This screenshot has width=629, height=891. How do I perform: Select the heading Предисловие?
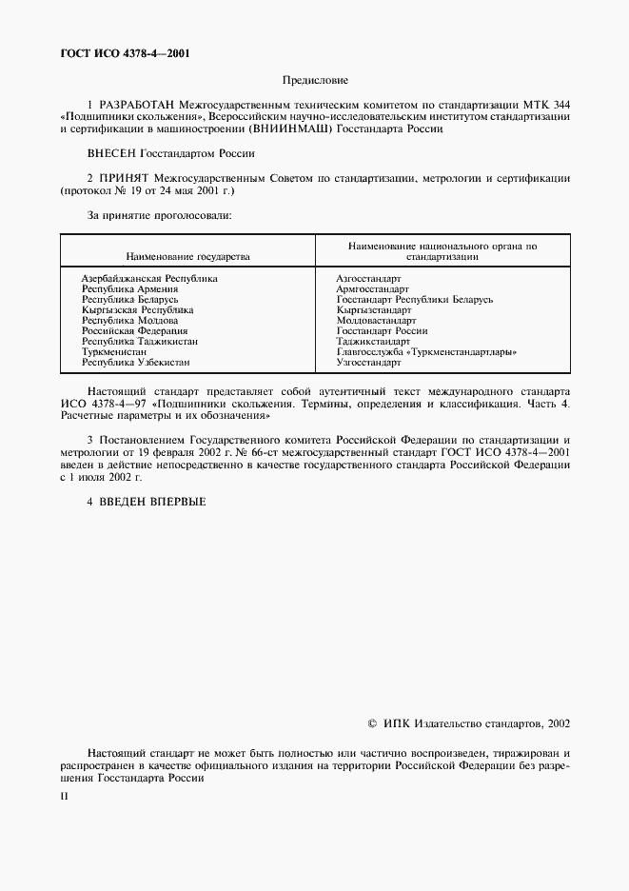(315, 82)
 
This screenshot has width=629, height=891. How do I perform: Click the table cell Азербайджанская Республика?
(149, 278)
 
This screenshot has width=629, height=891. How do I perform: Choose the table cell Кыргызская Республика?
(138, 310)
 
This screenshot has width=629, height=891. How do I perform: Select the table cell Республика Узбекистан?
(135, 363)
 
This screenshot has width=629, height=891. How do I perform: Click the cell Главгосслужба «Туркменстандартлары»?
(427, 352)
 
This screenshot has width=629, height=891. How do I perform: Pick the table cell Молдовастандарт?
(376, 321)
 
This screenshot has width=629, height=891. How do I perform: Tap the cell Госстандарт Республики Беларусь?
(414, 299)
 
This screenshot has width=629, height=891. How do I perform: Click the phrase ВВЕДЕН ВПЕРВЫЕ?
(153, 502)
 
